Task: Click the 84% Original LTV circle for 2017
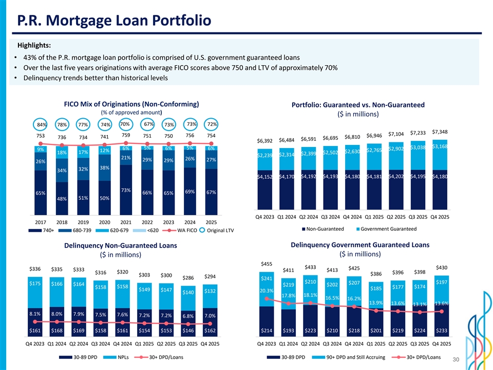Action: (x=42, y=125)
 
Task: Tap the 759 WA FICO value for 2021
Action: (x=126, y=135)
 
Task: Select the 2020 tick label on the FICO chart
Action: (x=104, y=222)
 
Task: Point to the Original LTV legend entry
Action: (x=218, y=230)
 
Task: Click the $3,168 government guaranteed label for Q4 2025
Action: (x=441, y=147)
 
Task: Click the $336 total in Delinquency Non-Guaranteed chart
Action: (x=35, y=269)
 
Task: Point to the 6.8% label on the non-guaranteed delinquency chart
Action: (x=188, y=316)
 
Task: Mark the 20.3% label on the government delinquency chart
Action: (x=267, y=291)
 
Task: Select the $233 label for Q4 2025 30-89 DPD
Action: (x=441, y=329)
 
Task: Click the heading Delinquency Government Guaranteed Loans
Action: (x=359, y=244)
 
